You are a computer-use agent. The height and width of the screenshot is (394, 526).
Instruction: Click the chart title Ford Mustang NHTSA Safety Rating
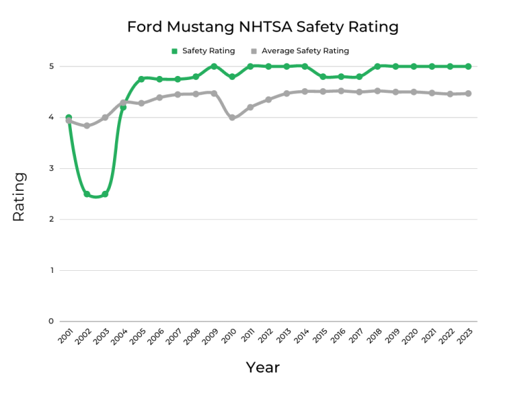(x=262, y=27)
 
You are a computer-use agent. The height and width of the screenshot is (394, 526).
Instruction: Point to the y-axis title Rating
(x=18, y=196)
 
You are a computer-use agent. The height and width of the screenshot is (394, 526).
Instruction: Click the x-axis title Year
(x=263, y=368)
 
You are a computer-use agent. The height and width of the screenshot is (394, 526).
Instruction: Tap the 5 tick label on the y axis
(x=51, y=66)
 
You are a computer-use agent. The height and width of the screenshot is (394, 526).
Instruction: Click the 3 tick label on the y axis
(x=51, y=168)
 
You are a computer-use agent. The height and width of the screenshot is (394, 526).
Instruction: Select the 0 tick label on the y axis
(x=51, y=321)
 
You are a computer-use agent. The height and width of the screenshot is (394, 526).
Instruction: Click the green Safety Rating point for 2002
(x=87, y=194)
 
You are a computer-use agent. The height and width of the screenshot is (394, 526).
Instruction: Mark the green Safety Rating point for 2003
(x=105, y=194)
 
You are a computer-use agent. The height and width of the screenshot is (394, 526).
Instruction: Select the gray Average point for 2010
(x=232, y=118)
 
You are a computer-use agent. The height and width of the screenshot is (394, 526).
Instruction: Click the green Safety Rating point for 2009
(x=214, y=66)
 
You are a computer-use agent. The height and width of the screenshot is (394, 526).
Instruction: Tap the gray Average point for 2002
(x=87, y=126)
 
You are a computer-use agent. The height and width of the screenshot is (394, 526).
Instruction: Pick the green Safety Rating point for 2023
(x=468, y=66)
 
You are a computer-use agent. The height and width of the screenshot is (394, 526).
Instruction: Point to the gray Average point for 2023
(x=468, y=94)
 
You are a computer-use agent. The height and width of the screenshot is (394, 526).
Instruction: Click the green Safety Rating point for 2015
(x=323, y=77)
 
